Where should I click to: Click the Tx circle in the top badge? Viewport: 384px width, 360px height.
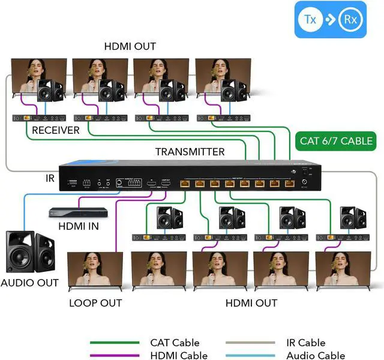310,20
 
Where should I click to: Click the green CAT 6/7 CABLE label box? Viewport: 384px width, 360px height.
336,142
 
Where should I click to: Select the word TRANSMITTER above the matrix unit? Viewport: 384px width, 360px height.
190,152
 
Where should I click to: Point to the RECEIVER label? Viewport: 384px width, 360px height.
56,130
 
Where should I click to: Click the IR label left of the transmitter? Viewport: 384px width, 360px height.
50,178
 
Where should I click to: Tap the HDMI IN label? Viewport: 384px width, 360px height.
79,226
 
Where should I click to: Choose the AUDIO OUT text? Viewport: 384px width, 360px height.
30,283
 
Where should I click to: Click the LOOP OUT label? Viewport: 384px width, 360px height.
95,303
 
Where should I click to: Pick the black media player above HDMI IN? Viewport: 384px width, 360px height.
78,212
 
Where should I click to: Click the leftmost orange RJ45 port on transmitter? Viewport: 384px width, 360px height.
185,183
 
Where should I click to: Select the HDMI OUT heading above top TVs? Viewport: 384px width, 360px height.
130,46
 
